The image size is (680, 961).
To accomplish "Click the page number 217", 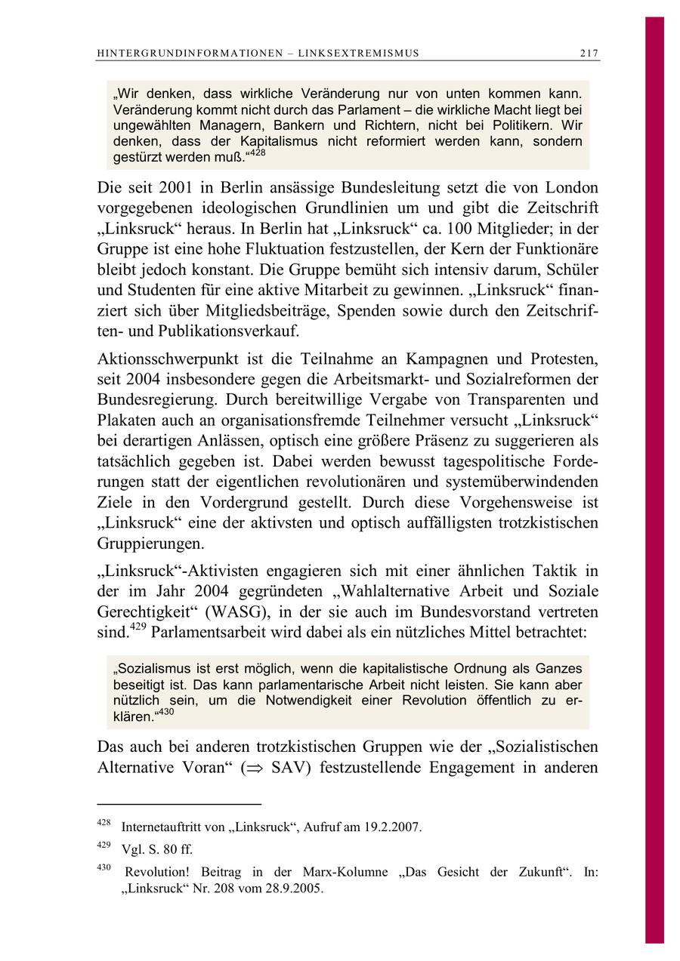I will click(589, 54).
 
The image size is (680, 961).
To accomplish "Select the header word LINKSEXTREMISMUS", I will click(359, 54).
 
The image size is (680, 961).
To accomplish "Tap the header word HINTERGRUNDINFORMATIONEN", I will click(189, 54).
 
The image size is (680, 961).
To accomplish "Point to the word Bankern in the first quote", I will click(300, 125).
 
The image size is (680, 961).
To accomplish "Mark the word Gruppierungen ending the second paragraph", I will click(150, 543).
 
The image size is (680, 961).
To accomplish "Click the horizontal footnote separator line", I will click(179, 804).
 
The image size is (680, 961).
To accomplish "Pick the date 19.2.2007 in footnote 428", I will click(389, 827).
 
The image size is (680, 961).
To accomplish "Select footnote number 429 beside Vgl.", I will click(104, 845).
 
